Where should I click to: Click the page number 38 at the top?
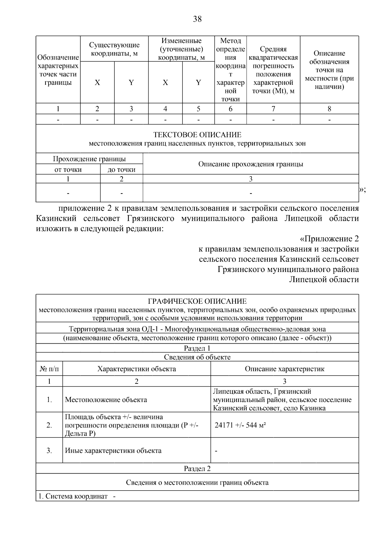coord(197,19)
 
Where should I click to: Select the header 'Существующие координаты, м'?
coord(114,49)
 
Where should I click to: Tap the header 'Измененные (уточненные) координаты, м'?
coord(181,49)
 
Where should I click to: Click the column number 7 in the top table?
coord(273,109)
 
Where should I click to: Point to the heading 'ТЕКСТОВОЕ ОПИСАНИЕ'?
coord(197,135)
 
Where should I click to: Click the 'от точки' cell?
coord(68,170)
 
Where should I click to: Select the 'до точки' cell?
coord(121,170)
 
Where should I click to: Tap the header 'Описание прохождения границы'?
coord(250,164)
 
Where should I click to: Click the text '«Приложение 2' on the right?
coord(329,239)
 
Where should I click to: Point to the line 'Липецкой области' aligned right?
coord(324,279)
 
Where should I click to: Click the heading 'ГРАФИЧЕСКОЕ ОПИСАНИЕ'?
coord(197,302)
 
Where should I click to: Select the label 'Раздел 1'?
coord(197,348)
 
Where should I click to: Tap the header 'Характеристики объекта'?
coord(136,369)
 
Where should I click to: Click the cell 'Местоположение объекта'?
coord(106,400)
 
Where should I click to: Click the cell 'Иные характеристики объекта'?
coord(113,450)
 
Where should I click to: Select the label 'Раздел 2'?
coord(197,468)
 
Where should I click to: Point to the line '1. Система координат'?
coord(73,496)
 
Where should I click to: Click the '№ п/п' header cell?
coord(49,369)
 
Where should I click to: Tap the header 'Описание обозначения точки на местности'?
coord(329,70)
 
